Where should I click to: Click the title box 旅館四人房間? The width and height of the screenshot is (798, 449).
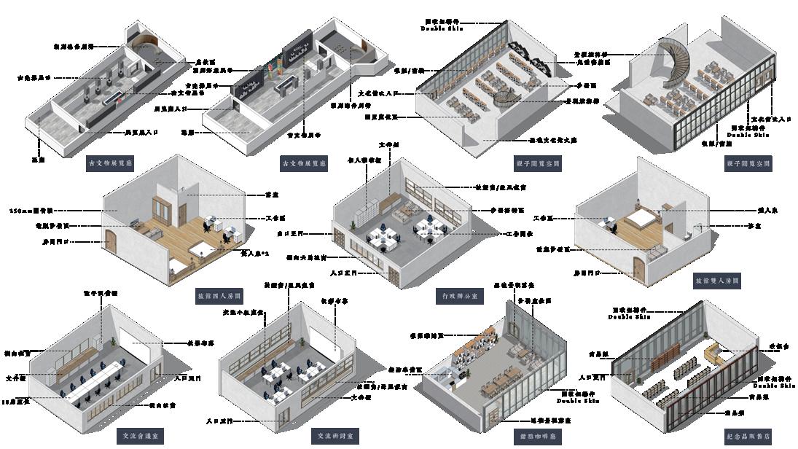pos(219,297)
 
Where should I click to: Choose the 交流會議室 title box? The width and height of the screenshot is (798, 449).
pos(141,436)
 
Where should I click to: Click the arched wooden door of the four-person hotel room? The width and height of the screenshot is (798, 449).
pos(111,243)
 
